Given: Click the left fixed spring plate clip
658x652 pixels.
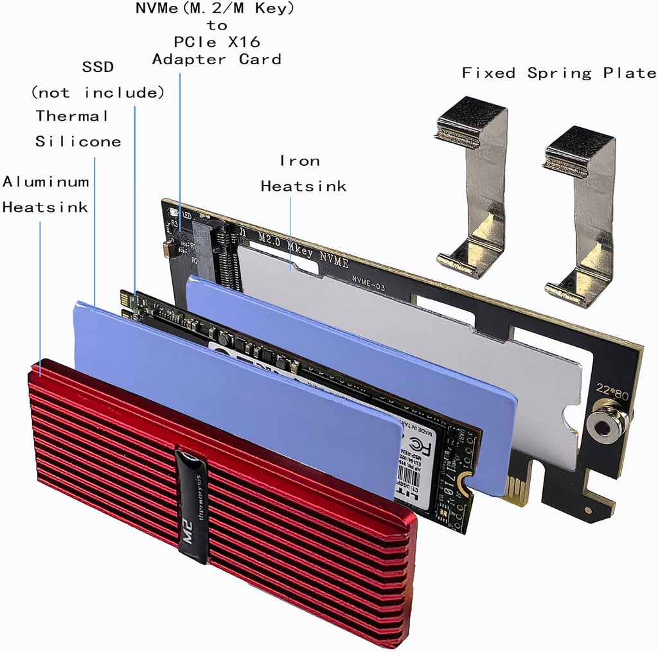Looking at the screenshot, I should coord(472,186).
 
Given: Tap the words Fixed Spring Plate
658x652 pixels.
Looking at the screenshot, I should coord(559,73).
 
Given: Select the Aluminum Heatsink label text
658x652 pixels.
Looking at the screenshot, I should coord(46,194).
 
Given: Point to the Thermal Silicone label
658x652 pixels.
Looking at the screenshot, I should coord(77,128).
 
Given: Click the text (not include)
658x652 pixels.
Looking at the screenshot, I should coord(98,93).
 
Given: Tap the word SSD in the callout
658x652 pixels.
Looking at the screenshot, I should coord(98,67).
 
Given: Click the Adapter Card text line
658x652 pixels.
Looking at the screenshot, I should coord(217,59).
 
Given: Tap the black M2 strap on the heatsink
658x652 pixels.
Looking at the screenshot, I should coord(192,507).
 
